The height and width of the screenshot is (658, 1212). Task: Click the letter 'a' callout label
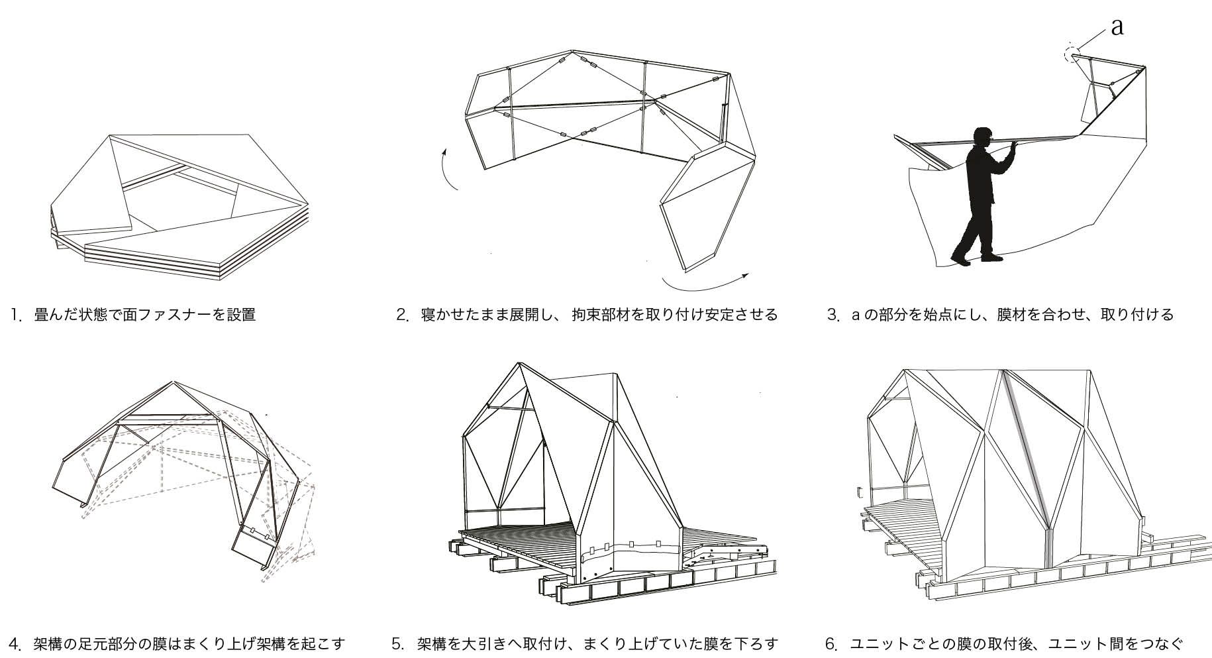pyautogui.click(x=1117, y=27)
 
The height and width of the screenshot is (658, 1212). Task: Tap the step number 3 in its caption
pyautogui.click(x=833, y=315)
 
